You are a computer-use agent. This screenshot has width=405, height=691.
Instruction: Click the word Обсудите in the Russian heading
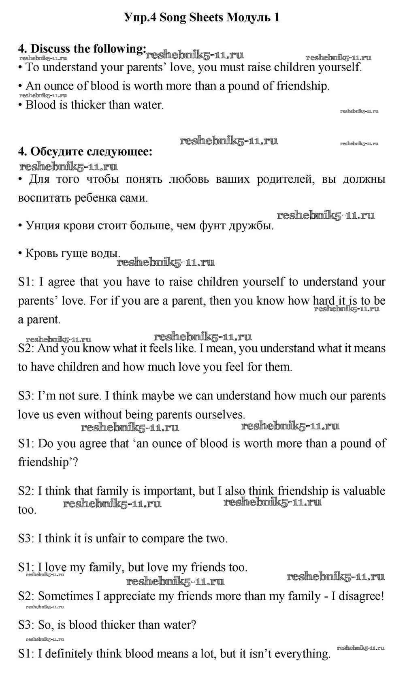pyautogui.click(x=57, y=152)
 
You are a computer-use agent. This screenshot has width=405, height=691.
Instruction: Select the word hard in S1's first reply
pyautogui.click(x=324, y=301)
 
